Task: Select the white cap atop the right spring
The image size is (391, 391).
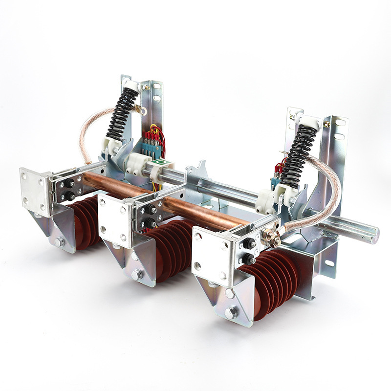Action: click(x=310, y=120)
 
